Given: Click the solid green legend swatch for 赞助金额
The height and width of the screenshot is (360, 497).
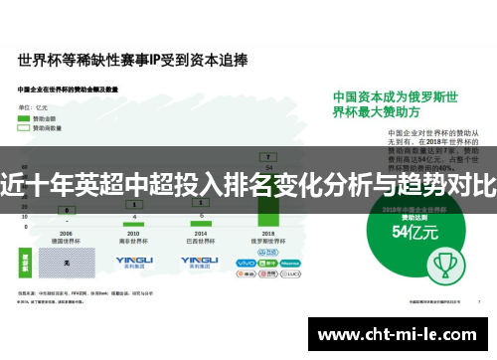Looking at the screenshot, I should (x=23, y=118).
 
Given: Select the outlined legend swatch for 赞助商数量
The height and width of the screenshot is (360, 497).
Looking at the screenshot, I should (x=23, y=128).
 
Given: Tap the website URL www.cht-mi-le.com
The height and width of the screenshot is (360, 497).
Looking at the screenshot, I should (x=400, y=335).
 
